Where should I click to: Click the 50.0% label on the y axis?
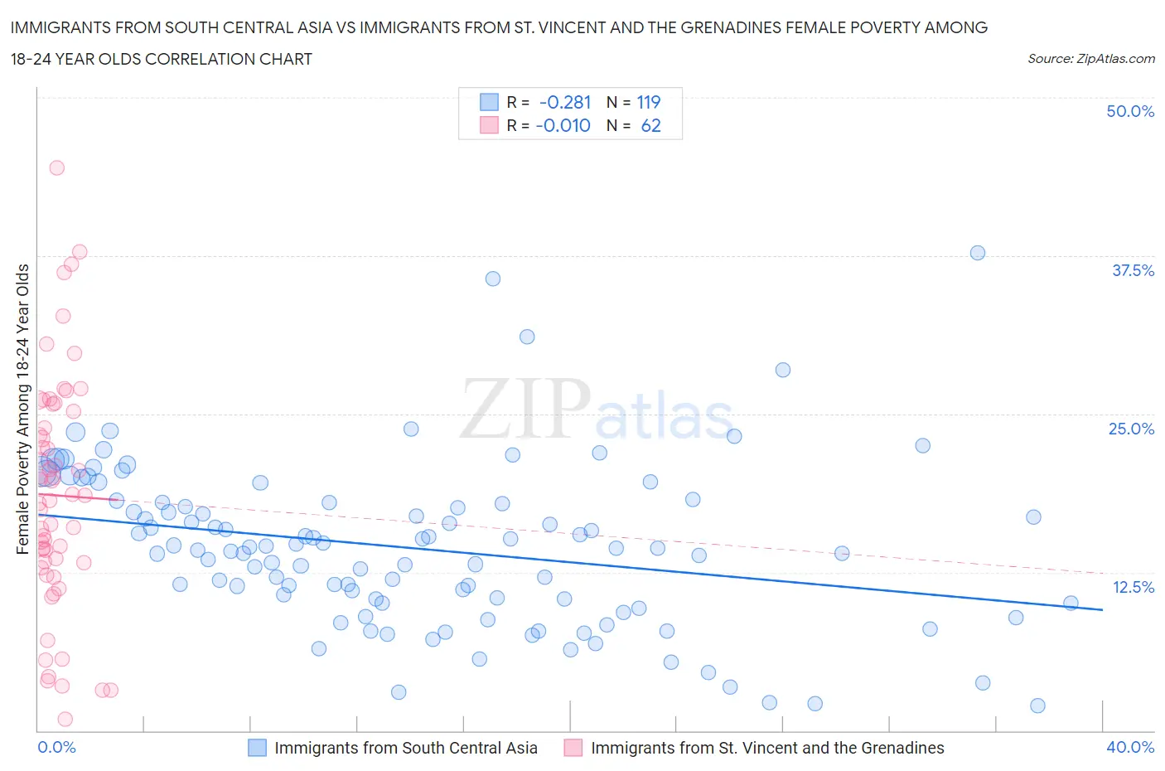(x=1129, y=111)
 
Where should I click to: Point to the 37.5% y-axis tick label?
(x=1132, y=270)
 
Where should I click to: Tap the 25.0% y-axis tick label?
(x=1130, y=429)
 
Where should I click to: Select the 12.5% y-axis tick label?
(x=1132, y=587)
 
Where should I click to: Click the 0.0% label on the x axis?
(x=56, y=747)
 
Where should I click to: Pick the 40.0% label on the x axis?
(x=1129, y=747)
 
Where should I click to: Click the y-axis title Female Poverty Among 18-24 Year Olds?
(x=22, y=409)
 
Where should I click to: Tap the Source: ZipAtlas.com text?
(x=1090, y=58)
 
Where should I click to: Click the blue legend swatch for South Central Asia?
(x=258, y=748)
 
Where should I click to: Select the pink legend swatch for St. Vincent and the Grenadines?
(x=573, y=748)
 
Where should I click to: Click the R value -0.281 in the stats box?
(x=565, y=102)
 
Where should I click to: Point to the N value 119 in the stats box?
(x=648, y=102)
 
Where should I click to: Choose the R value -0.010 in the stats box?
(x=563, y=125)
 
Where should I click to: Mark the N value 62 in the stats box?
(x=650, y=125)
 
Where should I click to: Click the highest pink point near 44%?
(x=56, y=167)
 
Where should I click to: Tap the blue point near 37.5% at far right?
(x=978, y=253)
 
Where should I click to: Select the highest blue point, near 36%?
(x=493, y=279)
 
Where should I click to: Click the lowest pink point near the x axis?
(x=65, y=719)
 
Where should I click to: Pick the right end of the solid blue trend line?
(x=1102, y=609)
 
